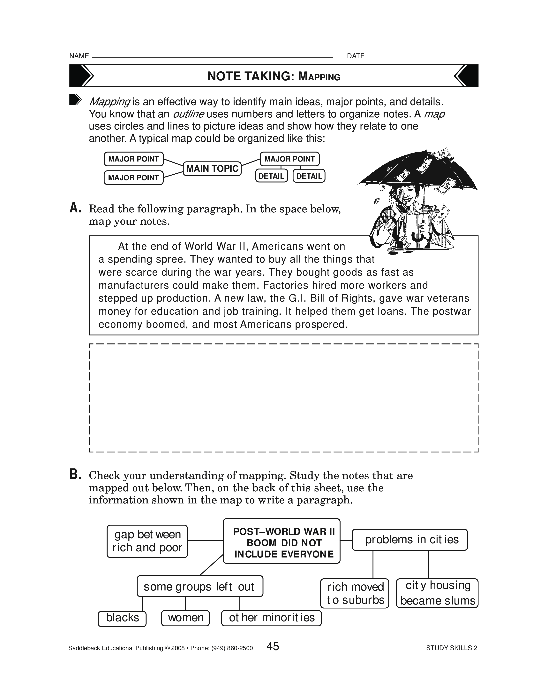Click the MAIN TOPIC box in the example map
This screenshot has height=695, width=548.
point(212,169)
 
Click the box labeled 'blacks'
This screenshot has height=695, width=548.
point(122,618)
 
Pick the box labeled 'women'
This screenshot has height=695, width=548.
point(185,618)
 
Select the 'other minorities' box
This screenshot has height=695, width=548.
point(271,618)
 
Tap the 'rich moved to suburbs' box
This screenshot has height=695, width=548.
point(355,594)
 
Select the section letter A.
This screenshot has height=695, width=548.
point(75,209)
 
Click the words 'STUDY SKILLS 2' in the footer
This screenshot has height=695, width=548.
point(451,648)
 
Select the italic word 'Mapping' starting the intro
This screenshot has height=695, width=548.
point(109,102)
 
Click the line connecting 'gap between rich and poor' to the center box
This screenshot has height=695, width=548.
point(205,541)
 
